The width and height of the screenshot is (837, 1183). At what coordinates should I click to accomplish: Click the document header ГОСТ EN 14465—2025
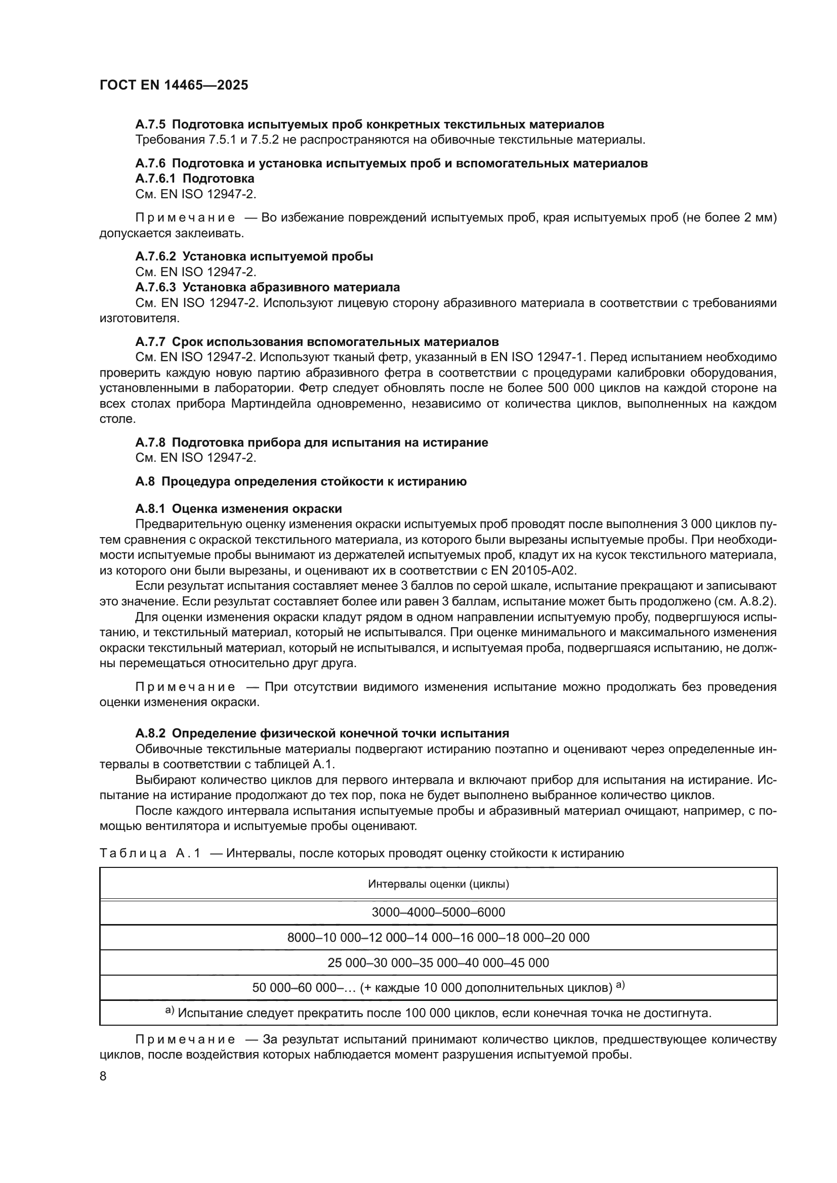pyautogui.click(x=174, y=85)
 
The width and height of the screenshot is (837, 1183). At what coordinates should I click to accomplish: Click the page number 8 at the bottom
pyautogui.click(x=103, y=1076)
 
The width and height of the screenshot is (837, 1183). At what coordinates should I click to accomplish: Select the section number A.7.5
pyautogui.click(x=151, y=125)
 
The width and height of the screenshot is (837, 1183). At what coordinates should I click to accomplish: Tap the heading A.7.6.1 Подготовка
pyautogui.click(x=195, y=179)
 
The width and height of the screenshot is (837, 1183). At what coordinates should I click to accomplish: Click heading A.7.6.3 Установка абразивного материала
pyautogui.click(x=268, y=287)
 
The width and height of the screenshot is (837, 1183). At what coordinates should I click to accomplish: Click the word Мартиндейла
pyautogui.click(x=271, y=404)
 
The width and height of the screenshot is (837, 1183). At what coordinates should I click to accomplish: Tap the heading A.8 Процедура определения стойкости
pyautogui.click(x=301, y=482)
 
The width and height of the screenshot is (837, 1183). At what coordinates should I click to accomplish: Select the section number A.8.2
pyautogui.click(x=151, y=733)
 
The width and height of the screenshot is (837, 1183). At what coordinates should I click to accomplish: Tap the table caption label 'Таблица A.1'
pyautogui.click(x=150, y=854)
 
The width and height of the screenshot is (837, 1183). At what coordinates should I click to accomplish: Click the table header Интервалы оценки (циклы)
pyautogui.click(x=438, y=885)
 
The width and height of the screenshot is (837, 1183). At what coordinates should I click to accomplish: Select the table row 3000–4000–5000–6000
pyautogui.click(x=438, y=912)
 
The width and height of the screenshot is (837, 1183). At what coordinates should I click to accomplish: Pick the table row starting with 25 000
pyautogui.click(x=438, y=962)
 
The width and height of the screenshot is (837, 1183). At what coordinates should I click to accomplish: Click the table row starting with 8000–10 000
pyautogui.click(x=438, y=937)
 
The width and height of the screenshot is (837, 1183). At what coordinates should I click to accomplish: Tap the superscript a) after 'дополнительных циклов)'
pyautogui.click(x=620, y=985)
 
